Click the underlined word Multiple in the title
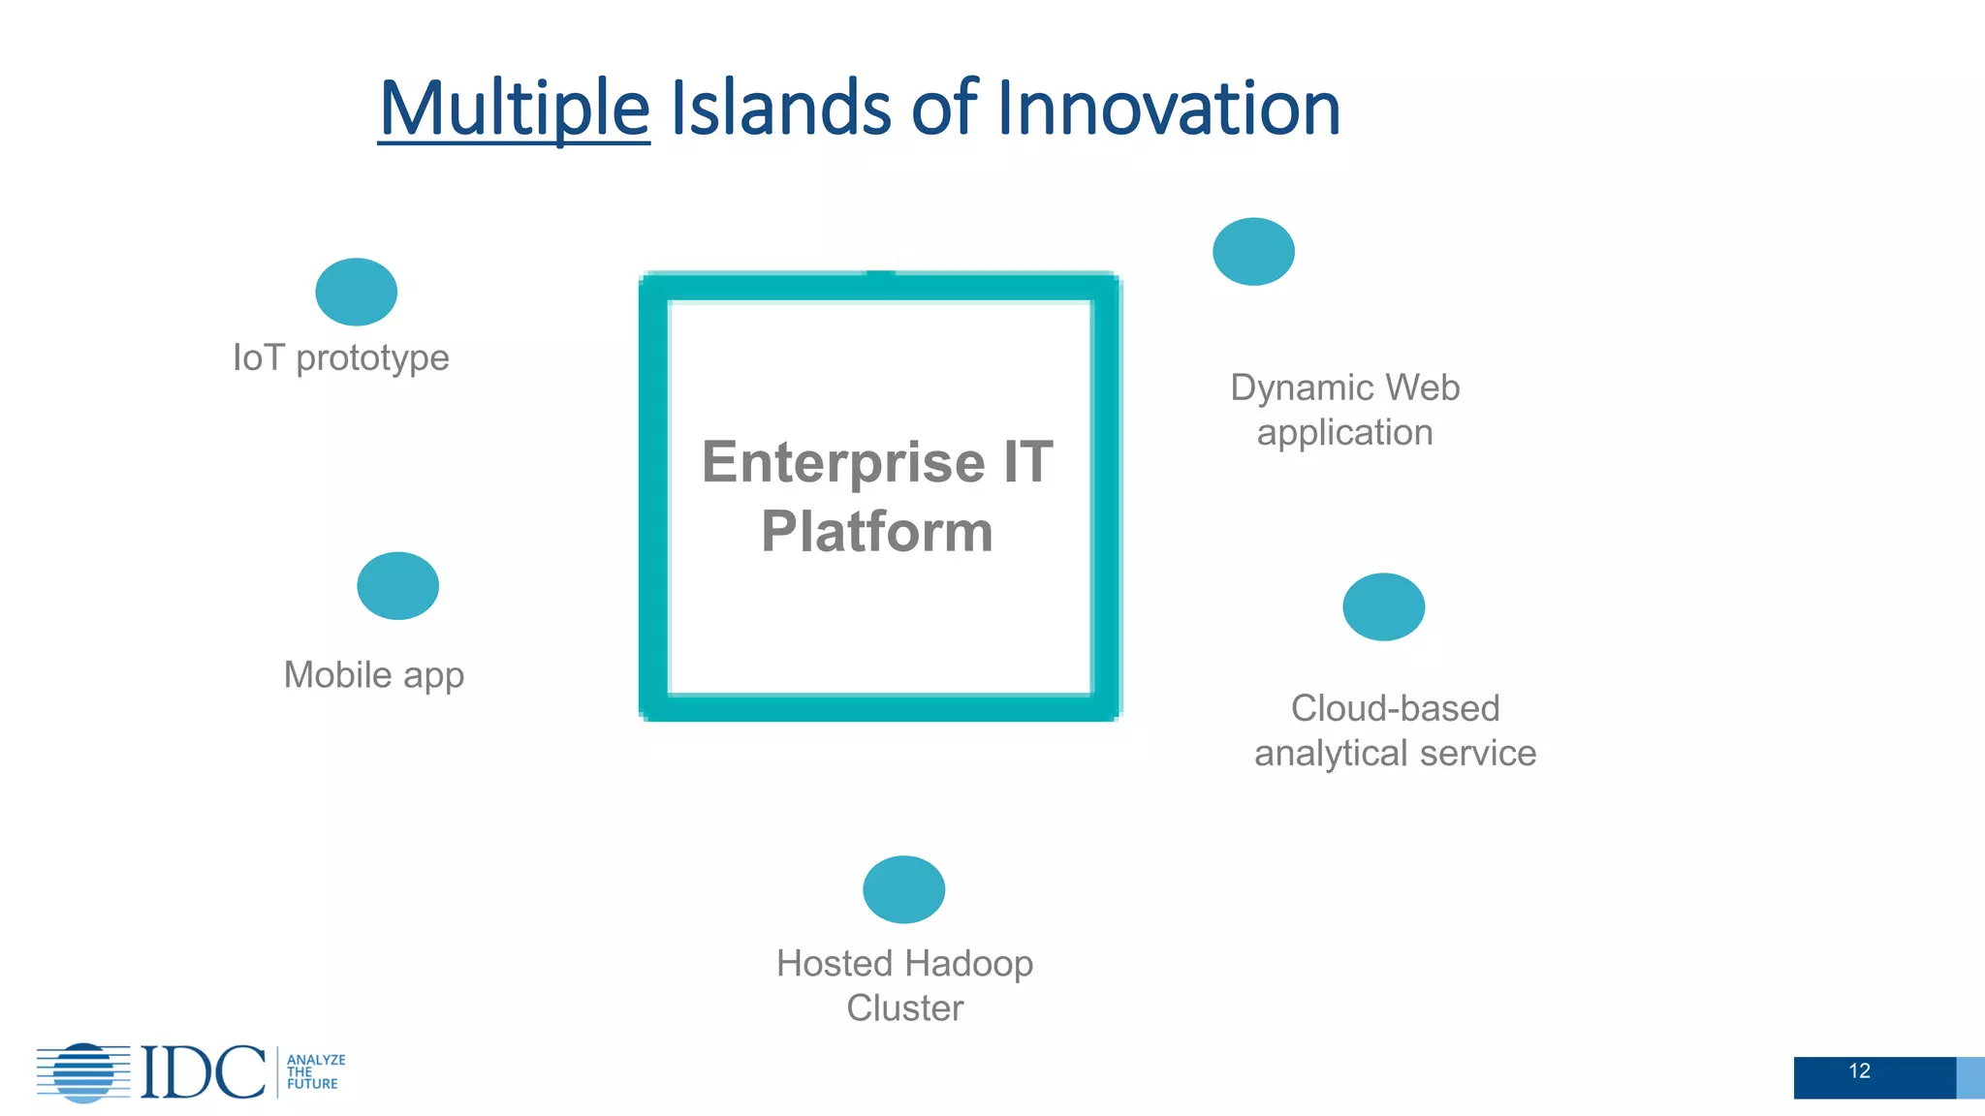514,108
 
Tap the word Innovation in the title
1168,108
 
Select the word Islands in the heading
779,108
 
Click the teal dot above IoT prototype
356,292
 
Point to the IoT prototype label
341,357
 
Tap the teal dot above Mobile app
397,586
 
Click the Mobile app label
374,674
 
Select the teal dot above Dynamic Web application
1253,252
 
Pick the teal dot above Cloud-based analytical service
1383,607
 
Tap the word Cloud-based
1395,708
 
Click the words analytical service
1395,754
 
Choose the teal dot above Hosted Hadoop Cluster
903,889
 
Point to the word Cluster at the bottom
904,1008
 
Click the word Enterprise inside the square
842,462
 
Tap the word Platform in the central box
877,532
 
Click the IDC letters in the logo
203,1072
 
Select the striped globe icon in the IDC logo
83,1072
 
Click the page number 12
1859,1071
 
